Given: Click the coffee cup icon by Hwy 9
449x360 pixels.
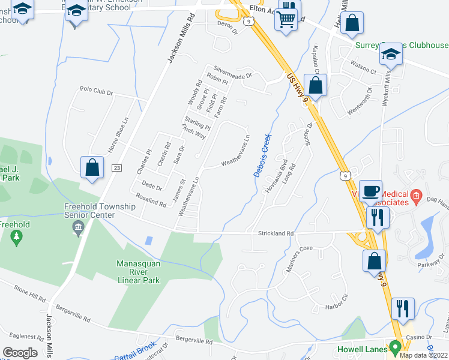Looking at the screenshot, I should pyautogui.click(x=370, y=190).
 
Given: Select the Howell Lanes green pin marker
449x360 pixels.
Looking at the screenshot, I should pyautogui.click(x=394, y=347).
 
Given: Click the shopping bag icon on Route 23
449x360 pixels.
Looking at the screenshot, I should pyautogui.click(x=92, y=167).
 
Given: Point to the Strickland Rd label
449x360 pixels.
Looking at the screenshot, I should pyautogui.click(x=276, y=233).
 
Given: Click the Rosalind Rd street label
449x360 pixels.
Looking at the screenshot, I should pyautogui.click(x=150, y=200).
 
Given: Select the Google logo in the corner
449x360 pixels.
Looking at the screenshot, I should pyautogui.click(x=20, y=352).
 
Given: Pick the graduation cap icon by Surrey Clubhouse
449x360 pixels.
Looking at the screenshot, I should pyautogui.click(x=391, y=54).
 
